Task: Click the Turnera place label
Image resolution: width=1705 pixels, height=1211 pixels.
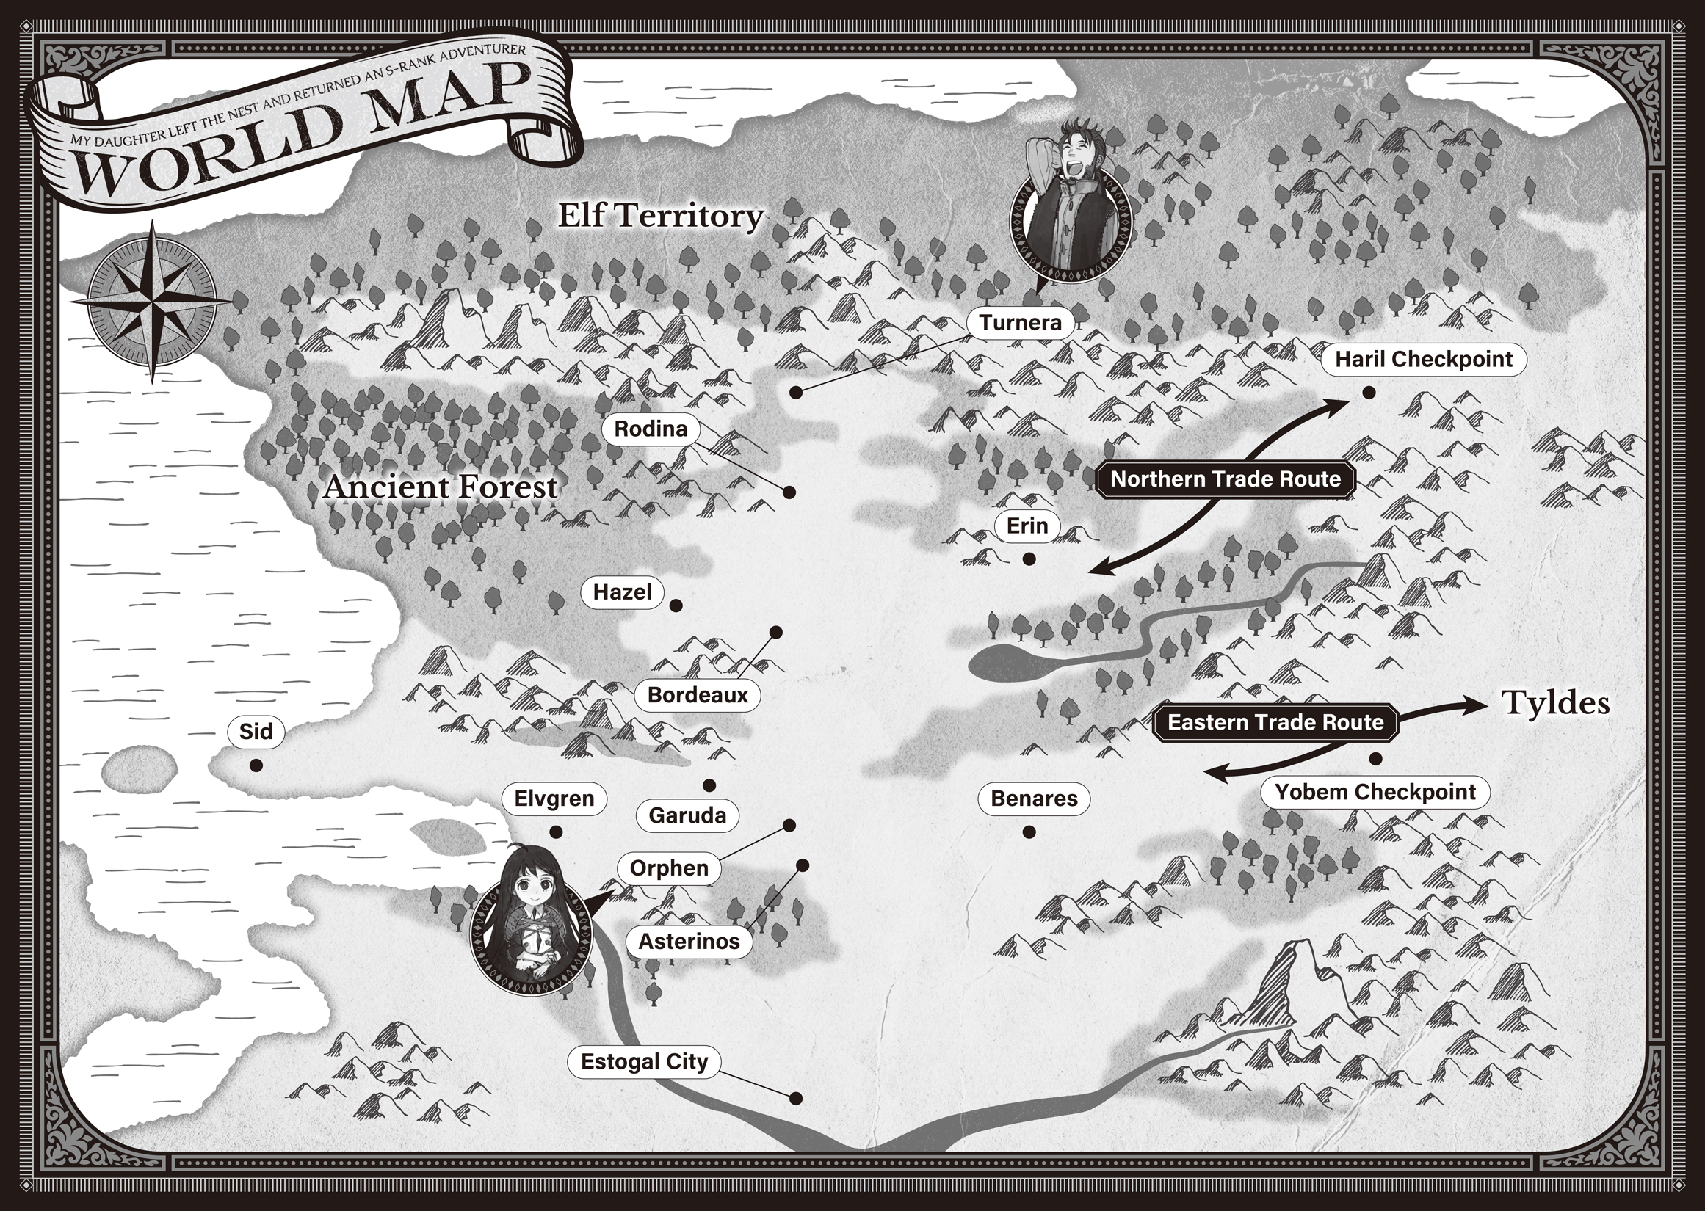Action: coord(1020,323)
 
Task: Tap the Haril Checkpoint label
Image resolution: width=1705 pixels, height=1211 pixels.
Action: coord(1423,360)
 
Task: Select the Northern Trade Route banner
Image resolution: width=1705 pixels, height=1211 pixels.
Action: coord(1225,479)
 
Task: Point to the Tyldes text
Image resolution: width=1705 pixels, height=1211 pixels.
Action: coord(1555,703)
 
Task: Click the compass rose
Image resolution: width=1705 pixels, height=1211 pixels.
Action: coord(151,301)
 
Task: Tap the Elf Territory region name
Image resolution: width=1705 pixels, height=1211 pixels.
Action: coord(661,217)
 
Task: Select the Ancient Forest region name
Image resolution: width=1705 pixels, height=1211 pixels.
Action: coord(440,487)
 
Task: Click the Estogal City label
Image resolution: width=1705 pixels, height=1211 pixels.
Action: coord(644,1062)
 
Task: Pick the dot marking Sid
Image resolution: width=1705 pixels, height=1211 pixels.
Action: coord(256,765)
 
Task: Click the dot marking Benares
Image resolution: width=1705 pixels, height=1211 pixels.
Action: coord(1029,832)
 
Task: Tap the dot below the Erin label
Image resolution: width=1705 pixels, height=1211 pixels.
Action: coord(1029,559)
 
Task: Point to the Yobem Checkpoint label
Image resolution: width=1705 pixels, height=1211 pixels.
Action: coord(1375,792)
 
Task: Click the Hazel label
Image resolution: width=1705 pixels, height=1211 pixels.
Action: coord(622,593)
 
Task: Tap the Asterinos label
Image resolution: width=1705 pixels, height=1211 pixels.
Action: coord(689,942)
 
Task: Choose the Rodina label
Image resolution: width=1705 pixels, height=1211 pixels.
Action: coord(651,429)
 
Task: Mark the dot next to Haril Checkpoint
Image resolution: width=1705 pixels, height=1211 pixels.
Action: coord(1368,392)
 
